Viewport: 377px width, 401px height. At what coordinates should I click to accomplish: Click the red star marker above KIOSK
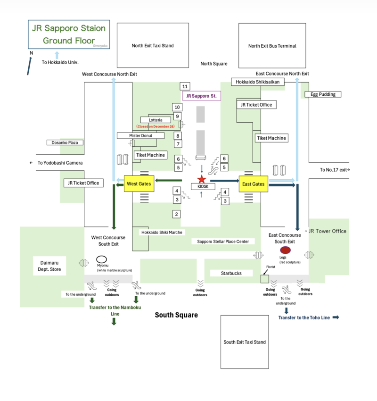coord(202,179)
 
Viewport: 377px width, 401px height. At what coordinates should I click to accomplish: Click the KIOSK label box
coord(203,187)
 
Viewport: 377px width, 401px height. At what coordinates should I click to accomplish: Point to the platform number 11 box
coord(185,86)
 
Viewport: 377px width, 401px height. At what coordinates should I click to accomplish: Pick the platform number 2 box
coord(176,214)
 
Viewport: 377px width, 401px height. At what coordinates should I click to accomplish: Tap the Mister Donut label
coord(140,136)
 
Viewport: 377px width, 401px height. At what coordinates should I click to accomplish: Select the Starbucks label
coord(231,273)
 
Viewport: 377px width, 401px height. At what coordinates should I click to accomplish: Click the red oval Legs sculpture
coord(285,250)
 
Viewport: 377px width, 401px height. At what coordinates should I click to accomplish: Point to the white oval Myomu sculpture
coord(102,259)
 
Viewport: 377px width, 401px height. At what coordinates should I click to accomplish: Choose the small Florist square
coord(265,279)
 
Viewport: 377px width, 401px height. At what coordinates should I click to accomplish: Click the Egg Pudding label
coord(323,94)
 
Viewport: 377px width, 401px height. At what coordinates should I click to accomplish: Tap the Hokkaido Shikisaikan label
coord(258,82)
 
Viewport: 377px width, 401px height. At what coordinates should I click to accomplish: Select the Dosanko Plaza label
coord(65,142)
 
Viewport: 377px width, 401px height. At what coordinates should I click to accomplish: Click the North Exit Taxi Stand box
coord(152,46)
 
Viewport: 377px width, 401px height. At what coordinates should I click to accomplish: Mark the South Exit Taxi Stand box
coord(245,342)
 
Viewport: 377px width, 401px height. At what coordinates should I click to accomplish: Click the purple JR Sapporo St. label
coord(201,96)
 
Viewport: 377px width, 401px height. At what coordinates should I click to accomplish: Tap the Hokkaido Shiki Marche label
coord(162,232)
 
